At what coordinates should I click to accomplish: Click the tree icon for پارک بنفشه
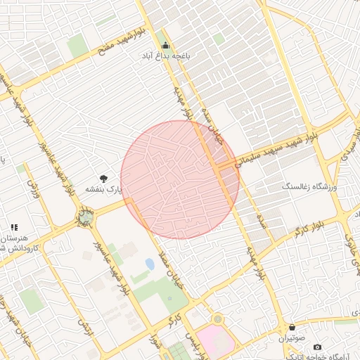[x=104, y=179]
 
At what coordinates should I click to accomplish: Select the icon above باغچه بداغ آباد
[x=165, y=44]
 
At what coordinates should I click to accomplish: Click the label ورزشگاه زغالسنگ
[x=310, y=188]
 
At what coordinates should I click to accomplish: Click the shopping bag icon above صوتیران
[x=291, y=327]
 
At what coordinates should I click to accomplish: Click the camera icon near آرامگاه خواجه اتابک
[x=317, y=347]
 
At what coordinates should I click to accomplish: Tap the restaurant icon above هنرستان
[x=13, y=227]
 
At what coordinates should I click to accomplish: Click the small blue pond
[x=150, y=264]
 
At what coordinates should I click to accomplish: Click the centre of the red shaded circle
[x=180, y=179]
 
